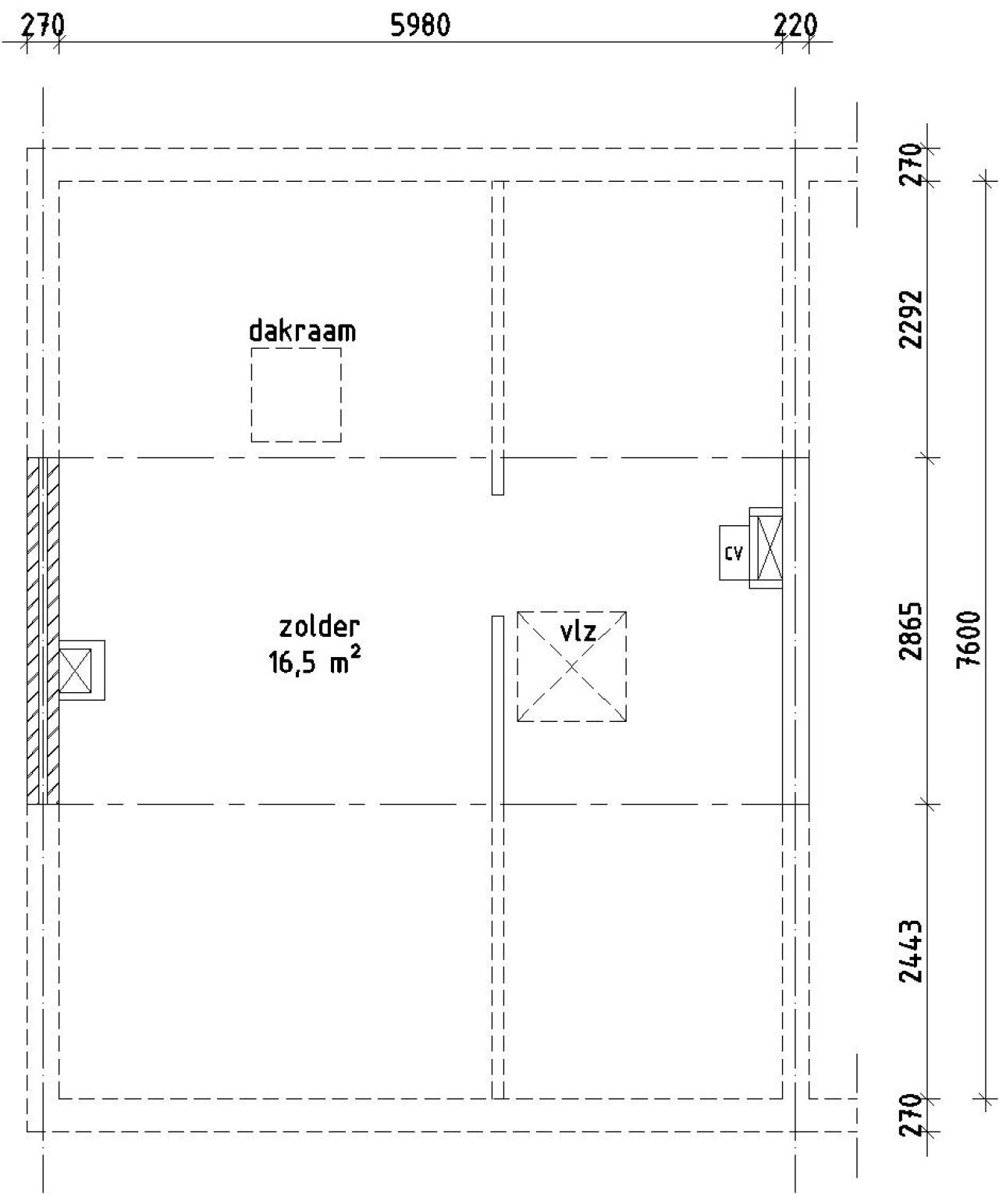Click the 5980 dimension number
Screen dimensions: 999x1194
coord(421,26)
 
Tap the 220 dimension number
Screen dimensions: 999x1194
coord(795,26)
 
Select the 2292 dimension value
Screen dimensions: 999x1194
coord(911,320)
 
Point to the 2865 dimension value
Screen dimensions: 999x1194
coord(911,631)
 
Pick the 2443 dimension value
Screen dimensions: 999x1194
coord(911,951)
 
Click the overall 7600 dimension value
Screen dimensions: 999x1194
coord(969,639)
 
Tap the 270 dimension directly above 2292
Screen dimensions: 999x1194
coord(911,165)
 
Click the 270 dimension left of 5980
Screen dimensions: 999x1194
coord(43,26)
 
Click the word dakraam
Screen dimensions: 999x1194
coord(303,331)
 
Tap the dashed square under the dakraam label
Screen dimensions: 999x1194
coord(297,395)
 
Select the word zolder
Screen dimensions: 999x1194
coord(319,627)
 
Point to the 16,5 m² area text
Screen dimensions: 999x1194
coord(315,661)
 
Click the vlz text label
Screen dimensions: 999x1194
coord(578,632)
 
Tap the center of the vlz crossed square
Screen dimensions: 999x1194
coord(572,666)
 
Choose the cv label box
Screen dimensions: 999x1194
coord(734,553)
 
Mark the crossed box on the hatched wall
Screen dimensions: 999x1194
coord(75,670)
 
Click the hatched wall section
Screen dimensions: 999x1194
coord(43,631)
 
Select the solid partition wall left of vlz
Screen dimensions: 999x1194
coord(497,857)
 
